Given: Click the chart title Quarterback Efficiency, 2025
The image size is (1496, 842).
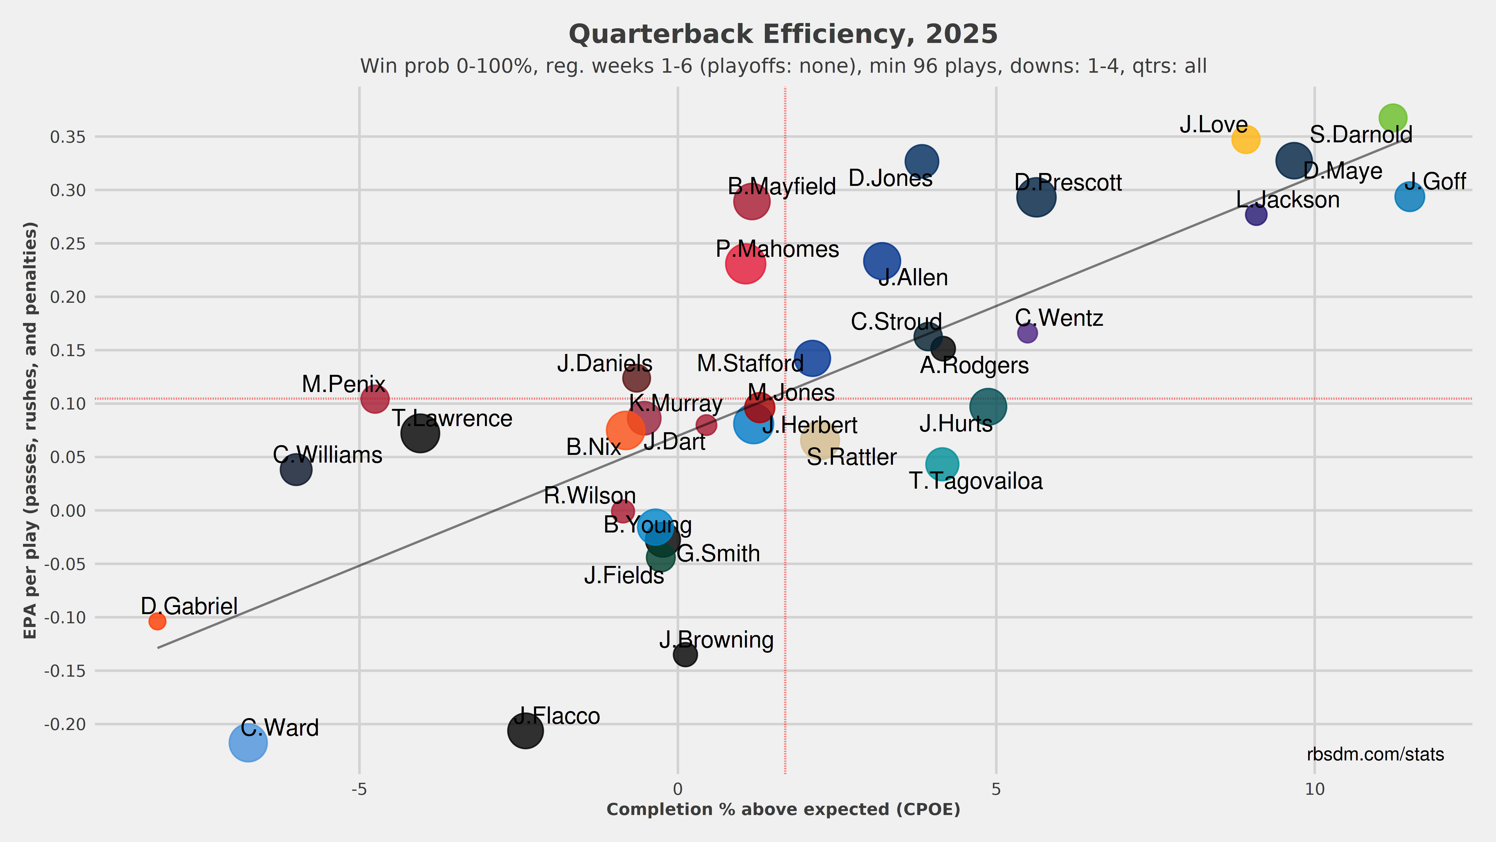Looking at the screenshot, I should (x=783, y=34).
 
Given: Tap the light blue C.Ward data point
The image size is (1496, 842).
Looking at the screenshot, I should (x=248, y=743).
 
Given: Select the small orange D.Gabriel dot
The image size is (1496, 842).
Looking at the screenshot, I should (x=157, y=621).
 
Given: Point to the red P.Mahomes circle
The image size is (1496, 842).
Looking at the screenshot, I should (x=745, y=264).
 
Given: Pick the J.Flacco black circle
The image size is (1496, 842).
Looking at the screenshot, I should (x=525, y=730).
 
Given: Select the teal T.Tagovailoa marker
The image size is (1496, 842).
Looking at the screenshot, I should (x=942, y=464).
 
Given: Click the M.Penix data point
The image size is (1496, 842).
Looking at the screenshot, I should (x=375, y=399).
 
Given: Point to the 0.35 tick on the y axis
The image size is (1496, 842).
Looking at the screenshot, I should (x=68, y=137).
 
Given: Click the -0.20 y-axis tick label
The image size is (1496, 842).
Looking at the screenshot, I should (x=65, y=724).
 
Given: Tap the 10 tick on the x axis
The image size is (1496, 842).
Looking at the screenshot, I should (x=1315, y=789).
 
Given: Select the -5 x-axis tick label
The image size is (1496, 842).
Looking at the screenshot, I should (x=360, y=789).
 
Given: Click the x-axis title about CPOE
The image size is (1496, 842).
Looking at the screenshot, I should (x=783, y=809).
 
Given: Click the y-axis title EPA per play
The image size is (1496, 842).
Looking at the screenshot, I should (x=30, y=430).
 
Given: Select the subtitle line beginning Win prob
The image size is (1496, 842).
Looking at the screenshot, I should (x=783, y=66).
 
